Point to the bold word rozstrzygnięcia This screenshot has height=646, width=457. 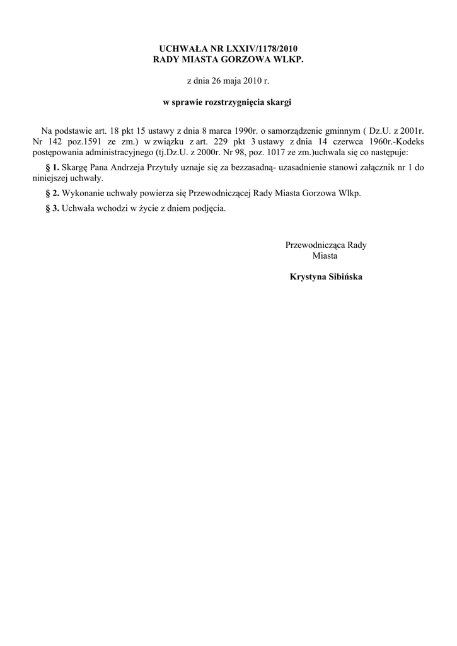point(230,101)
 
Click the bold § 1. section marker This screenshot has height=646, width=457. point(53,167)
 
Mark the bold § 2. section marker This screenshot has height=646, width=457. point(53,193)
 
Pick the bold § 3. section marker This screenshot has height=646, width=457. point(53,208)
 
